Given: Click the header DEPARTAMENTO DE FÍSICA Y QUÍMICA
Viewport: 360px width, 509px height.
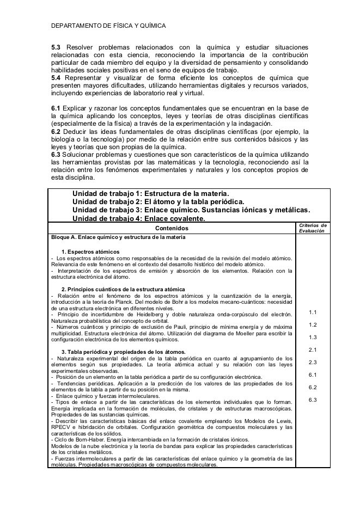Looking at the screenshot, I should click(x=108, y=26).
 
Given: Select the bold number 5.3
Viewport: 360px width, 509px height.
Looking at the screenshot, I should click(x=57, y=48).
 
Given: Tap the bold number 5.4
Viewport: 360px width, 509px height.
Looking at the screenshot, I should click(x=57, y=78).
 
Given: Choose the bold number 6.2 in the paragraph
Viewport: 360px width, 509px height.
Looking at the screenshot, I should click(x=57, y=131).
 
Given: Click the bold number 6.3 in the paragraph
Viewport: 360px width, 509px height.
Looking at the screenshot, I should click(x=57, y=154).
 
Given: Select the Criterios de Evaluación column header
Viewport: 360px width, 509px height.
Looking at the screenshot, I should click(x=313, y=228).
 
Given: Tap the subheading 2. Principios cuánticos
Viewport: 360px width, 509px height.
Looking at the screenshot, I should click(x=123, y=288).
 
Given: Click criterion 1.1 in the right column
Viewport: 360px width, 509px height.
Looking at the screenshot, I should click(x=313, y=312).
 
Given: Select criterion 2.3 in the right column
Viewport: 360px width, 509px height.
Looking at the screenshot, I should click(x=313, y=362).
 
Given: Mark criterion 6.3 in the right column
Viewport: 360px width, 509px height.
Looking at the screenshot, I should click(x=313, y=400).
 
